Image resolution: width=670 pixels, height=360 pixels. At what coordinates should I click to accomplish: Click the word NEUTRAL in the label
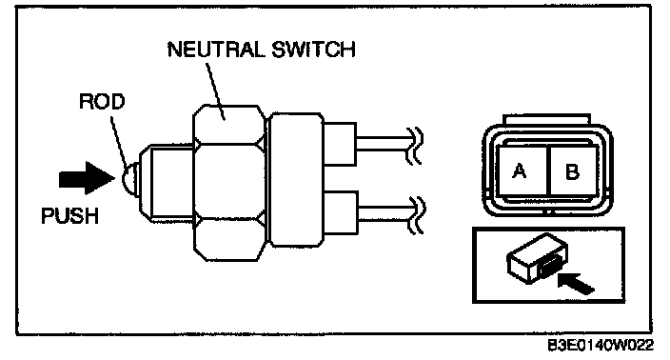coord(216,50)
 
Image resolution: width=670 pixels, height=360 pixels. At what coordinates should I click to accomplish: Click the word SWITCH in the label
coord(313,50)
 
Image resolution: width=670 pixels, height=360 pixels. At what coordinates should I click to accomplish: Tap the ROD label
coord(102,101)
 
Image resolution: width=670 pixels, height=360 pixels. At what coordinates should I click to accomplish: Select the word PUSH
coord(69,216)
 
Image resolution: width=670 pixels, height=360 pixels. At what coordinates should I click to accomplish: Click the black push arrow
coord(87,178)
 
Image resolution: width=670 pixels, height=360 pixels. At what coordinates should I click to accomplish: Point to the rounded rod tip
coord(129,179)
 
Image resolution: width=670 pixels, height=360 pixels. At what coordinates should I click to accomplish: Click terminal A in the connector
coord(520,171)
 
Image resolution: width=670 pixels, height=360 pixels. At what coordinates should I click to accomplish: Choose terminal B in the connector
coord(573,171)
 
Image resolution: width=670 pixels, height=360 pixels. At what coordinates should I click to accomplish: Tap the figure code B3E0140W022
coord(601,346)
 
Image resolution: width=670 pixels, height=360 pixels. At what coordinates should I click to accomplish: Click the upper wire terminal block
coord(339,144)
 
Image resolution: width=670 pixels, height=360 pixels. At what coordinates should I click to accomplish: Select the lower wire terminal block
coord(341,212)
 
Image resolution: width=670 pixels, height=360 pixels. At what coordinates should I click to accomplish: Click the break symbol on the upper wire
coord(415,146)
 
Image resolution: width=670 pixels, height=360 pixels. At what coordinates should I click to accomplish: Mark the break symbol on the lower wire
coord(416,214)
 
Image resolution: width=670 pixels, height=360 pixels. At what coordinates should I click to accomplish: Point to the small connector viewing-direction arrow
coord(576,283)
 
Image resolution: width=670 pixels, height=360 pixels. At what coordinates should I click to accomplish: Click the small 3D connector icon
coord(537,258)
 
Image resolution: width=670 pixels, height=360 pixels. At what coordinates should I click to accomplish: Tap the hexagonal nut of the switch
coord(229,183)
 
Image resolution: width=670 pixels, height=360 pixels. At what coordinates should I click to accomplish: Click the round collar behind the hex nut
coord(297,180)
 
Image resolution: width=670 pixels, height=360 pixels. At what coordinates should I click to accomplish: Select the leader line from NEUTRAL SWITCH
coord(216,90)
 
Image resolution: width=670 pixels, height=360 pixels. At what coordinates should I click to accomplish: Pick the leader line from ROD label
coord(119,141)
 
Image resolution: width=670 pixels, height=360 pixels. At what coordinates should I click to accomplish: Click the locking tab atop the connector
coord(546,119)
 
